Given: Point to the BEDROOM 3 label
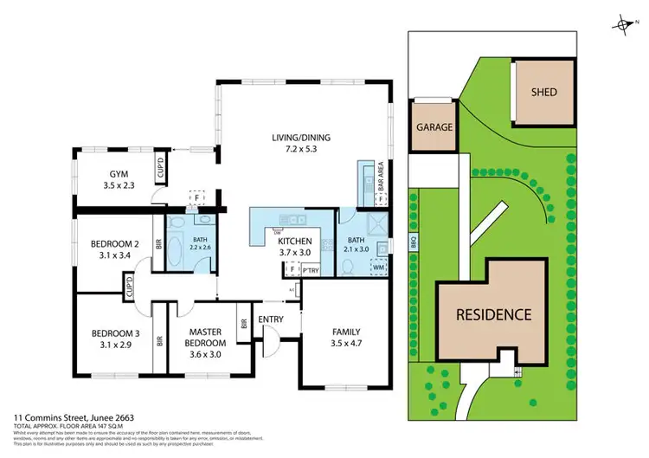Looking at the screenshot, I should point(115,333).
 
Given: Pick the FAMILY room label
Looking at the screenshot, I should point(346,331).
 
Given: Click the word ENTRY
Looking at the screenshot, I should point(271,319).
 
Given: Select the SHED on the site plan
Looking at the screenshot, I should point(545,92).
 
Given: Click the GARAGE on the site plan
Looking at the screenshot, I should point(435,127).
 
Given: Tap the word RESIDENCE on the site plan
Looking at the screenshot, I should point(494,314).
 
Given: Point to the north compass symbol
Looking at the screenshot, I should point(621,26).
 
